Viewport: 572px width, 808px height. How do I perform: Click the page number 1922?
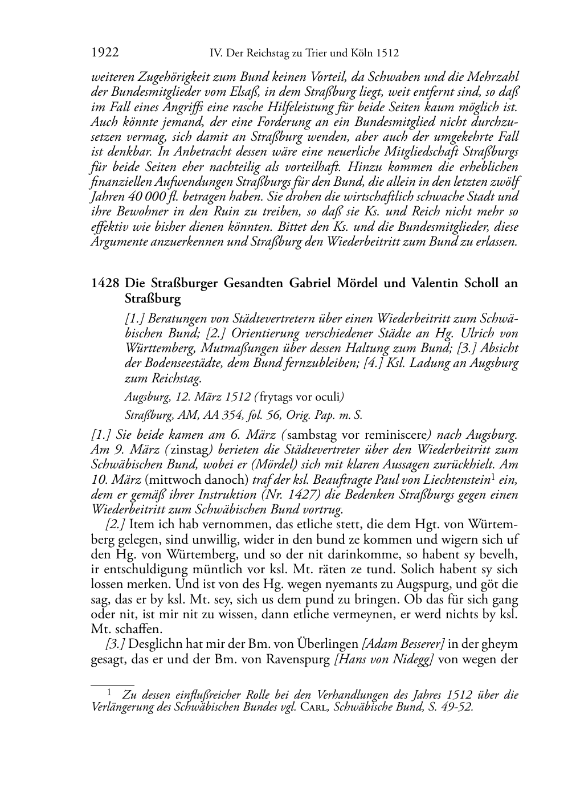pyautogui.click(x=105, y=54)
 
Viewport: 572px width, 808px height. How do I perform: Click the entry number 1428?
pyautogui.click(x=105, y=283)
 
